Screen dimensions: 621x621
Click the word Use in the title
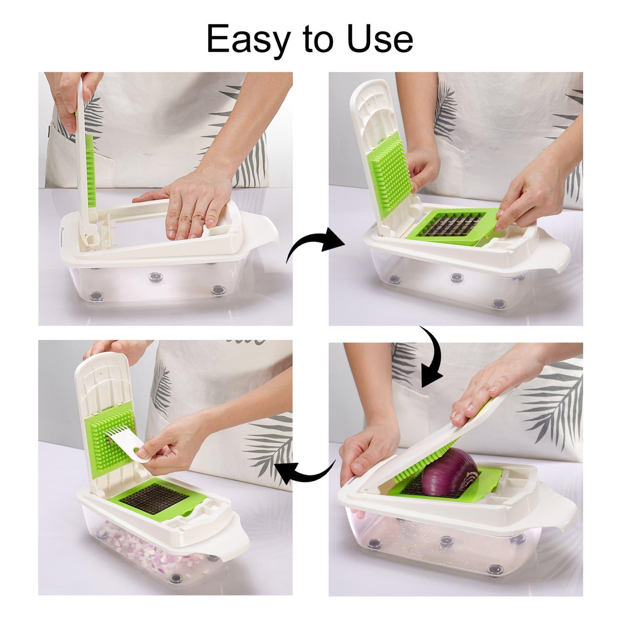(x=380, y=39)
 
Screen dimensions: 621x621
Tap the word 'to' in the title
(x=318, y=39)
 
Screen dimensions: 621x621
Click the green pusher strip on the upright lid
(x=90, y=171)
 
